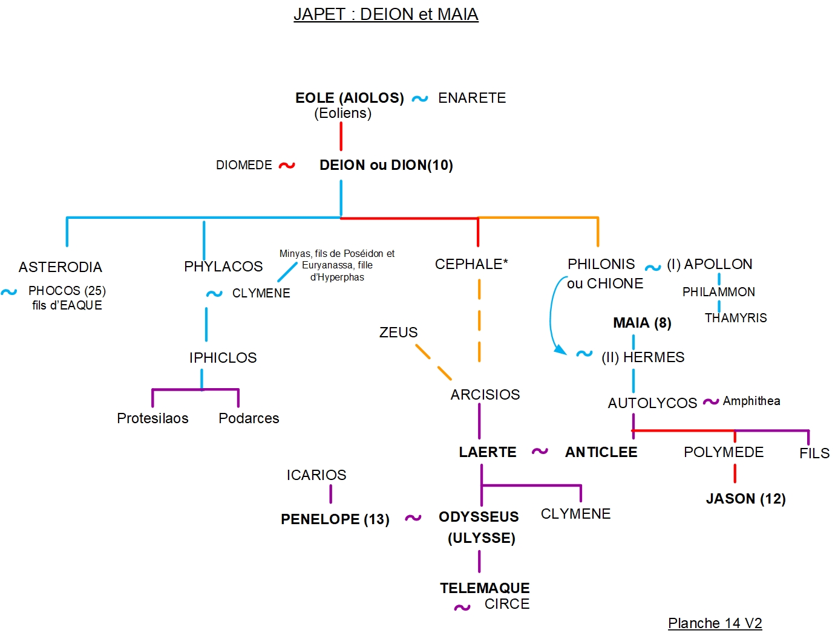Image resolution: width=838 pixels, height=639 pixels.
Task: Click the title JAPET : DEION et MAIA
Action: click(385, 15)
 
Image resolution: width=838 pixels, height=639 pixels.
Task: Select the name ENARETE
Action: click(472, 98)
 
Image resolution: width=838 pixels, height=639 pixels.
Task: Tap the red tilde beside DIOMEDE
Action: click(287, 165)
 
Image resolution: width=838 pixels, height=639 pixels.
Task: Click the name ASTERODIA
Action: click(61, 267)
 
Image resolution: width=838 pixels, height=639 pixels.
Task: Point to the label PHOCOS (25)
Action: click(67, 291)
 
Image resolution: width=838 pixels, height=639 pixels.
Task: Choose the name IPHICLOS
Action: click(223, 358)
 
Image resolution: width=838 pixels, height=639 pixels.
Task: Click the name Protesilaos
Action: click(152, 418)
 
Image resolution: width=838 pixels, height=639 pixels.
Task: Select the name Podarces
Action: click(249, 418)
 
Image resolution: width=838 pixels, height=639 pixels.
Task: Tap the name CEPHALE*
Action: click(471, 264)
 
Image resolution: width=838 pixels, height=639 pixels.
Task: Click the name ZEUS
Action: click(398, 332)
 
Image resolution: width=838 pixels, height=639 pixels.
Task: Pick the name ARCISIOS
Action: click(485, 395)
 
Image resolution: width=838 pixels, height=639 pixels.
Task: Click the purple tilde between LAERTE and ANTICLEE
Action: click(540, 452)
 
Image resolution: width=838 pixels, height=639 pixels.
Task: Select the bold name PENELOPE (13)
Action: click(335, 519)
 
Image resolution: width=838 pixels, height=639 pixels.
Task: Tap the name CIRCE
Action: click(506, 604)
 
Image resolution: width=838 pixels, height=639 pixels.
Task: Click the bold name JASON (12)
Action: click(745, 499)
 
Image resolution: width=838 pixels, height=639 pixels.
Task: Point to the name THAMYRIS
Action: click(735, 318)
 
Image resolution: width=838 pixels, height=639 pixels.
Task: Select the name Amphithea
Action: click(751, 401)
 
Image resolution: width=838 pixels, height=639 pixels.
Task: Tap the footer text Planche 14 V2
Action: click(715, 623)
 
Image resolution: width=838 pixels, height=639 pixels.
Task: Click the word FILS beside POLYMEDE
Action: click(814, 453)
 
